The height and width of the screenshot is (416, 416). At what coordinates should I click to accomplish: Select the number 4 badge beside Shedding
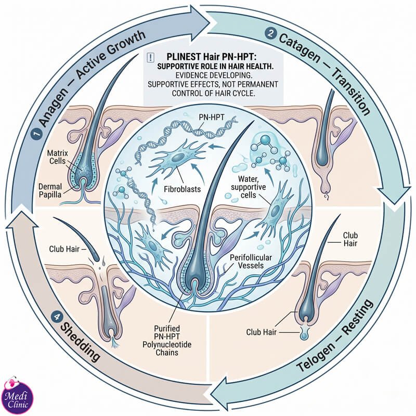point(57,317)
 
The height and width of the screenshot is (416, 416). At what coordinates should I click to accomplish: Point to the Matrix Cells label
point(58,157)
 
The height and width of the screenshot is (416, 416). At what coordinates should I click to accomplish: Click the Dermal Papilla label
point(50,190)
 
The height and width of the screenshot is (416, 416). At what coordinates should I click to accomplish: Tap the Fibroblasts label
point(183,189)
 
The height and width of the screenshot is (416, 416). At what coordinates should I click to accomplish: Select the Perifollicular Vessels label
point(251,262)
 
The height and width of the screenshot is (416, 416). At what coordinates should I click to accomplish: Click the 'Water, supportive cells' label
point(248,187)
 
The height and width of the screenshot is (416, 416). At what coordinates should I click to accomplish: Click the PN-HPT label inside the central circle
point(211,117)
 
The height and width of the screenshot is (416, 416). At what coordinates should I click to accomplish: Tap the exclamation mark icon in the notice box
point(150,58)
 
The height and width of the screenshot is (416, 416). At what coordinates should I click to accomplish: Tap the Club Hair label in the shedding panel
point(64,249)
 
